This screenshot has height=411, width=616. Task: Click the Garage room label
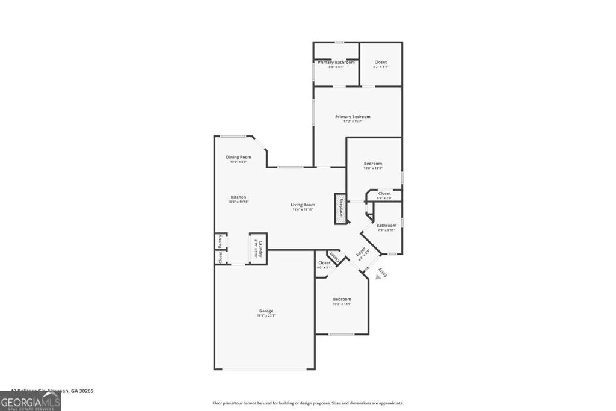tap(266, 311)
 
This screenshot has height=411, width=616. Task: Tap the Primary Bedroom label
tap(353, 117)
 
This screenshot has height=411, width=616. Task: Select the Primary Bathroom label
tap(336, 62)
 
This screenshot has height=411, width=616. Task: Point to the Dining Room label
tap(239, 157)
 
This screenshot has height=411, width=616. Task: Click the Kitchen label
tap(238, 197)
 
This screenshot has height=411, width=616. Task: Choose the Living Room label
tap(303, 205)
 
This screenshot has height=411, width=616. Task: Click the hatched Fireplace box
tap(340, 208)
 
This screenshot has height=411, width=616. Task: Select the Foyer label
tap(362, 253)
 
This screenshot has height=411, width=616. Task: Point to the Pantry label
tap(220, 240)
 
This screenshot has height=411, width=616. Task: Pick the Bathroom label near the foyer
tap(386, 226)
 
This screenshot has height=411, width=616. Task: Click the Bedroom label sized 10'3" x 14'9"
tap(342, 299)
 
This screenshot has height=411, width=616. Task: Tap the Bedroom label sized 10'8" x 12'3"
tap(373, 164)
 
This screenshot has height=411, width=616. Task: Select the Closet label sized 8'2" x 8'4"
tap(381, 62)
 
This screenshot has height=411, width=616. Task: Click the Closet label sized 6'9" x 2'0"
tap(384, 194)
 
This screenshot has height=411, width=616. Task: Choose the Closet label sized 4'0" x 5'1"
tap(324, 263)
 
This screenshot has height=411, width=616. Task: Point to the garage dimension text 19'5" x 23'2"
tap(266, 315)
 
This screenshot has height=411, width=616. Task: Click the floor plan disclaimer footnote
tap(307, 403)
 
